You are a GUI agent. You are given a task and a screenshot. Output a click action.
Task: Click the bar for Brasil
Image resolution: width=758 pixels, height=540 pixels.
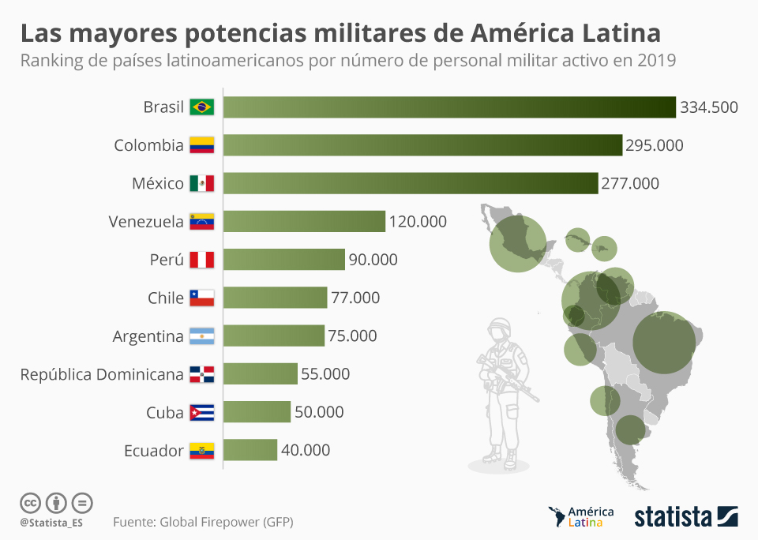[449, 107]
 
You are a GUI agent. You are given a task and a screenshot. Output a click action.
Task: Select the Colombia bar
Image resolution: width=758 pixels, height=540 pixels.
[422, 145]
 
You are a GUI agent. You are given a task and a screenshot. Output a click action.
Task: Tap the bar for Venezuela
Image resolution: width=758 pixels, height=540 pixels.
[304, 221]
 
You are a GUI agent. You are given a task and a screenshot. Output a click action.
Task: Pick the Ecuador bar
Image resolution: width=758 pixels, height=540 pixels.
[250, 450]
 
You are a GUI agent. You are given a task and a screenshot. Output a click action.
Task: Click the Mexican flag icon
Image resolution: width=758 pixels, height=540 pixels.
[202, 183]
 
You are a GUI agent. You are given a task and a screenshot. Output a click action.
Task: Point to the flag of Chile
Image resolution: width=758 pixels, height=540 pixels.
[202, 298]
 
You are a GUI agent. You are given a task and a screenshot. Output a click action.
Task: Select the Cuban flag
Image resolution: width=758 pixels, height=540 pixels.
[202, 412]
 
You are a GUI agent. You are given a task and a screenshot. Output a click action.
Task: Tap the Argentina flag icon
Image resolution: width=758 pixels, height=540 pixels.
[202, 336]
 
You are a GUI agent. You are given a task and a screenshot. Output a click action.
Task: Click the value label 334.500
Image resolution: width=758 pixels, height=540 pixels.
[709, 107]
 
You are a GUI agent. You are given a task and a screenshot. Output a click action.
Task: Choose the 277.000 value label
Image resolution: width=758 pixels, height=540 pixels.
[630, 183]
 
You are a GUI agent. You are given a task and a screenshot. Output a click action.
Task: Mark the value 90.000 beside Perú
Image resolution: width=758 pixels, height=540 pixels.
[373, 260]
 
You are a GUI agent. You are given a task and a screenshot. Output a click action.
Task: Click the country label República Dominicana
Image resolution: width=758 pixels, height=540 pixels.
[102, 374]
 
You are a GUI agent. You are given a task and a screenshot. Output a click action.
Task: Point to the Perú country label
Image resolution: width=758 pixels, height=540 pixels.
[166, 260]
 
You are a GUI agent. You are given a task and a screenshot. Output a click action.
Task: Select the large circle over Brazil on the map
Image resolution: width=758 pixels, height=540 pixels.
[664, 343]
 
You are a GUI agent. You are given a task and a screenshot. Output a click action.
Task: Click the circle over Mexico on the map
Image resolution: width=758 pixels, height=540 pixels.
[517, 242]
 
